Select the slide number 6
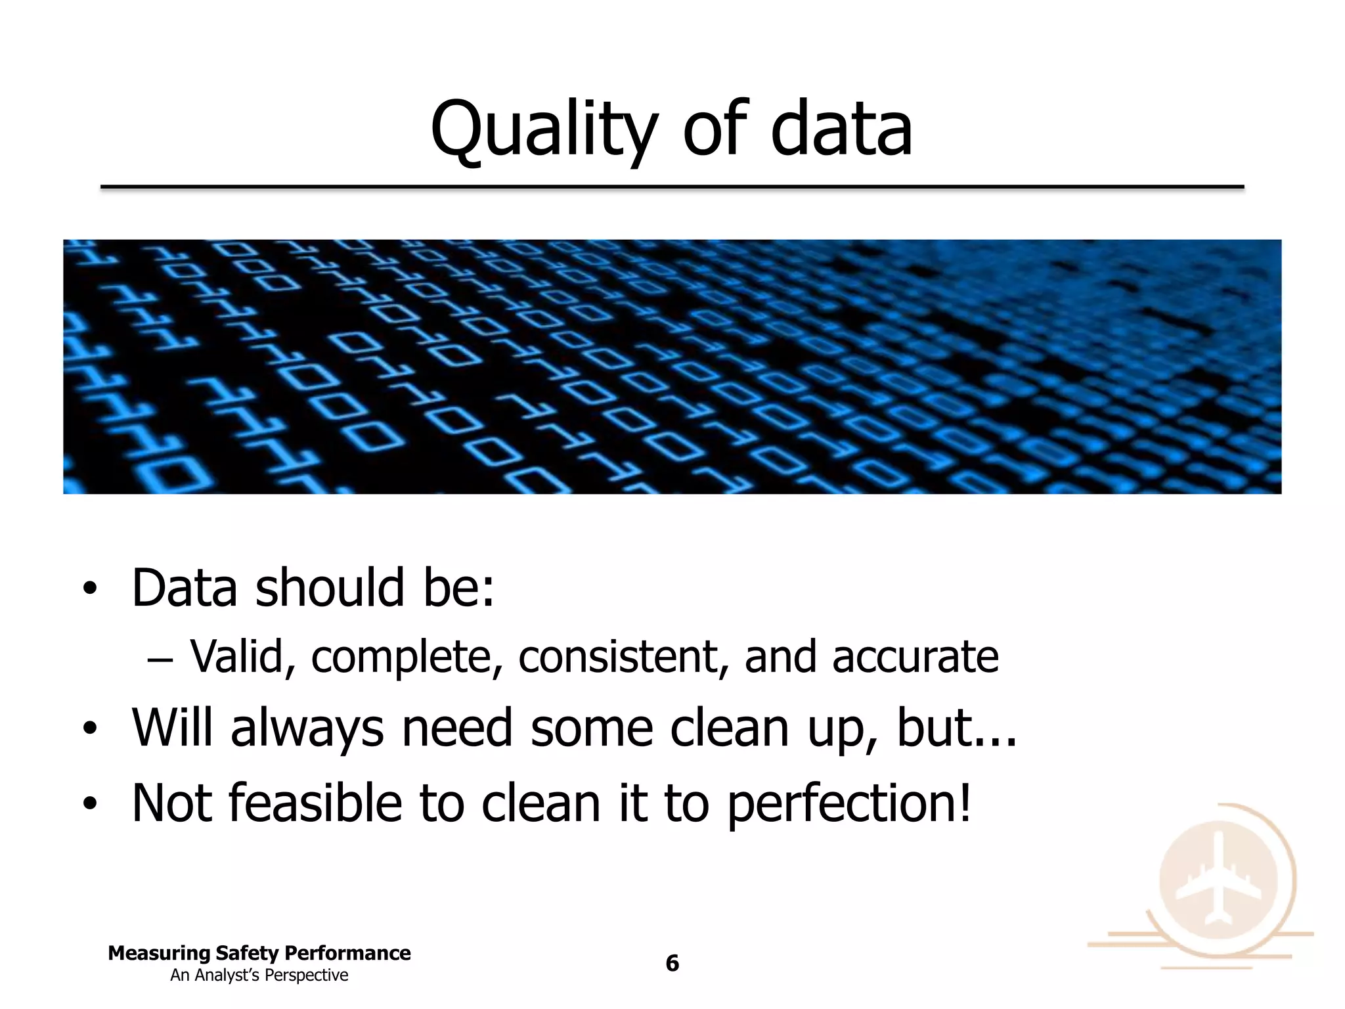coord(672,963)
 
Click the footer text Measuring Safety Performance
coord(259,953)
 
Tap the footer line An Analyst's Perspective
coord(259,975)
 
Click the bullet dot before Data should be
coord(89,589)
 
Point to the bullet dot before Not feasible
coord(89,804)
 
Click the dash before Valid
coord(160,658)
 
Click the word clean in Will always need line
coord(729,729)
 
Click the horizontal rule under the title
coord(672,188)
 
